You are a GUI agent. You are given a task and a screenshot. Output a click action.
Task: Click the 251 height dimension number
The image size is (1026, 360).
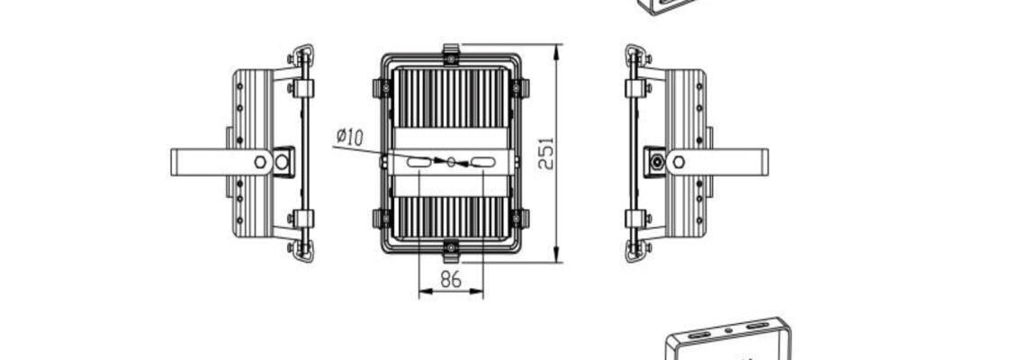coord(546,153)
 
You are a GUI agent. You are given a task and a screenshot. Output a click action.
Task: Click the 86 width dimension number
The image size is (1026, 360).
coord(451,280)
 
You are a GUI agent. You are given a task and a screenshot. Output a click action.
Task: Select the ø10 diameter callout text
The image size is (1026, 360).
coord(349,138)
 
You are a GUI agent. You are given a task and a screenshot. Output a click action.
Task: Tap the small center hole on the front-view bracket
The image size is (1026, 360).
coord(451,161)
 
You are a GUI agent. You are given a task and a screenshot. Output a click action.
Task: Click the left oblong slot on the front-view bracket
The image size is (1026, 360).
coord(418,161)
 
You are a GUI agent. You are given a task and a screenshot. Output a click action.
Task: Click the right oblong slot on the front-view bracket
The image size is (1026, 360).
coord(483,162)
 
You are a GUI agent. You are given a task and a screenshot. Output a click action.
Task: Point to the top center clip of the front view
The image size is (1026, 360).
coord(451,54)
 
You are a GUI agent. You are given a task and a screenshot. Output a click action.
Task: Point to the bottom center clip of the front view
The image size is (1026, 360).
coord(451,251)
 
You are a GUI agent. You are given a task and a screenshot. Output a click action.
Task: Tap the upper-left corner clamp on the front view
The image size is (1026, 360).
coord(382,87)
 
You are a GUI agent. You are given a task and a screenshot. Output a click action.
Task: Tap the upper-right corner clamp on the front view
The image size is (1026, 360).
coord(519,87)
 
